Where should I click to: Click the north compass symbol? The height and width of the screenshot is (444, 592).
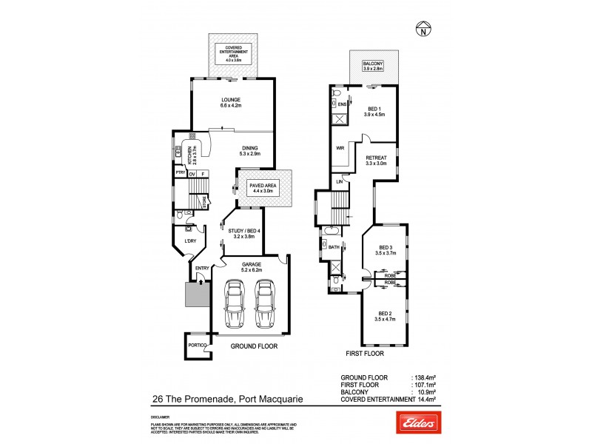pyautogui.click(x=422, y=31)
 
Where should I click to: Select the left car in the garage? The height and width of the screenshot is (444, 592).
pyautogui.click(x=235, y=303)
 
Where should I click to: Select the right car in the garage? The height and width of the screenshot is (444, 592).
pyautogui.click(x=265, y=303)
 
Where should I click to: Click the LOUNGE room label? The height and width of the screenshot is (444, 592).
pyautogui.click(x=233, y=103)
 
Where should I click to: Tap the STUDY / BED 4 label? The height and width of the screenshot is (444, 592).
pyautogui.click(x=240, y=234)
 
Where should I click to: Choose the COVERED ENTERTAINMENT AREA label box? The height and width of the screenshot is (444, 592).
pyautogui.click(x=233, y=53)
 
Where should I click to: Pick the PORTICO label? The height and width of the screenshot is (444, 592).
pyautogui.click(x=196, y=345)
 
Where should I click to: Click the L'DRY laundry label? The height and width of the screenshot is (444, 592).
pyautogui.click(x=189, y=241)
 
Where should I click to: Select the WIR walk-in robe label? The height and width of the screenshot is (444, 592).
pyautogui.click(x=341, y=149)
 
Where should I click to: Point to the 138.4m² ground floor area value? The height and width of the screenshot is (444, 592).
pyautogui.click(x=423, y=377)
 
